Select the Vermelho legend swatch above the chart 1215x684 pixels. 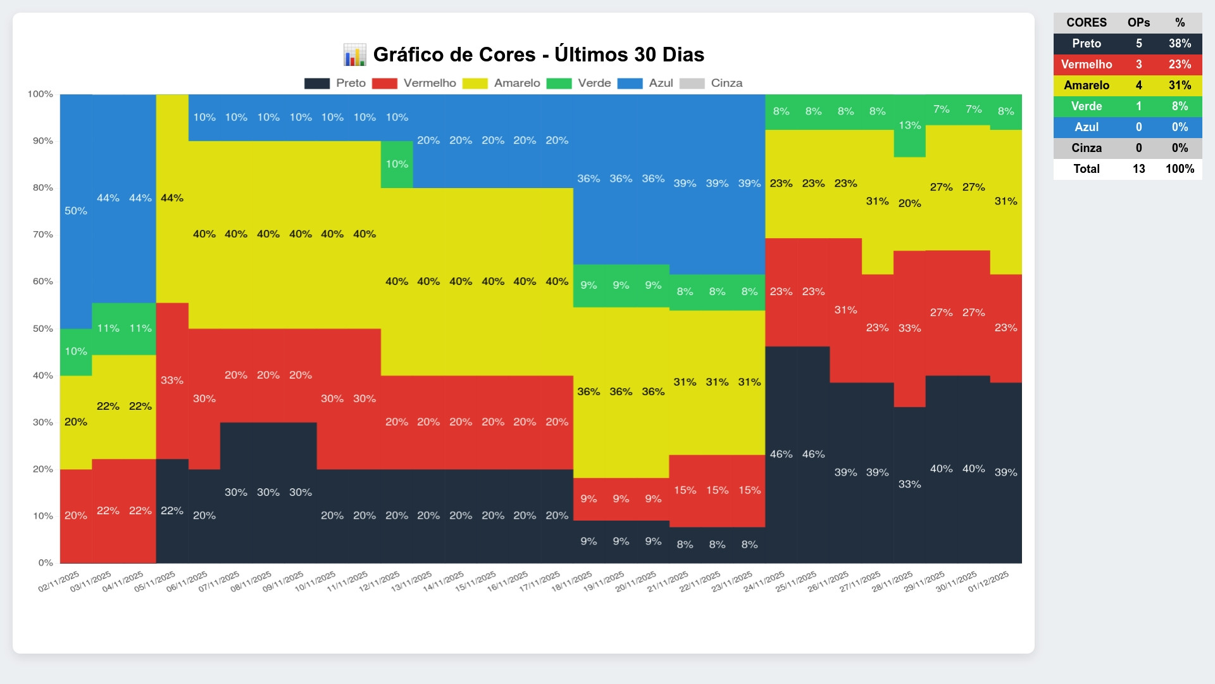[x=384, y=84]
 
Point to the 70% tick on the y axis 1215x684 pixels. [x=43, y=234]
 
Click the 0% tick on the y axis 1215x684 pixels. [x=46, y=562]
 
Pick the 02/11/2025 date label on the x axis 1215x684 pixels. [x=59, y=581]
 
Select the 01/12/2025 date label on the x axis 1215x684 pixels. [x=988, y=581]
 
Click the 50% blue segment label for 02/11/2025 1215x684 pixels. [x=76, y=211]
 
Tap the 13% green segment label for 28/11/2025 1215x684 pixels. [x=909, y=125]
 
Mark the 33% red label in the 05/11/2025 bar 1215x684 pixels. [x=172, y=380]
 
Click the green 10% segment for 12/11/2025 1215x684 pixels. [x=397, y=164]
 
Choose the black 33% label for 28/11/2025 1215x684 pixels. [x=909, y=484]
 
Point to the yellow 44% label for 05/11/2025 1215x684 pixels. [x=172, y=198]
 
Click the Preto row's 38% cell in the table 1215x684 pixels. [x=1180, y=44]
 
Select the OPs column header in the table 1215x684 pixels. [x=1138, y=23]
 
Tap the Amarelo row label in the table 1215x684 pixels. [x=1087, y=85]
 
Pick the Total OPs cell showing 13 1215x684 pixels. [x=1138, y=169]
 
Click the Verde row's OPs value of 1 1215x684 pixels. [x=1138, y=106]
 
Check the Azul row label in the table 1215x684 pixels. [x=1087, y=127]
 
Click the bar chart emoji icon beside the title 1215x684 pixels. [x=354, y=55]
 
